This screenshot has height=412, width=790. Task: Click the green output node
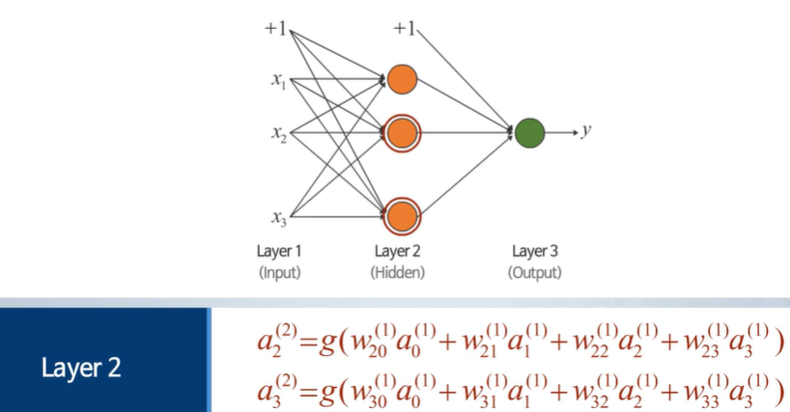[528, 132]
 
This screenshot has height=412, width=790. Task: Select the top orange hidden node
[402, 79]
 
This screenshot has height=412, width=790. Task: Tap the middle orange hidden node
[402, 133]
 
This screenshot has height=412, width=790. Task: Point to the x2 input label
[278, 134]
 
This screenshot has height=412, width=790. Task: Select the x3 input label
[278, 217]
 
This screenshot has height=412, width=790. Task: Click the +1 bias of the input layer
[275, 29]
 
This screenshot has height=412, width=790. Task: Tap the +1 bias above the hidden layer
[403, 29]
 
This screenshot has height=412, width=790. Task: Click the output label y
[586, 131]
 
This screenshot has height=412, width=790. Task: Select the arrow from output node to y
[561, 132]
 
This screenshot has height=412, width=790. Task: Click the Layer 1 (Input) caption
[278, 261]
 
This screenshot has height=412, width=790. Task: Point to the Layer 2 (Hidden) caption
[398, 261]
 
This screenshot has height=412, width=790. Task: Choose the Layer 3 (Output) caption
[534, 261]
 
